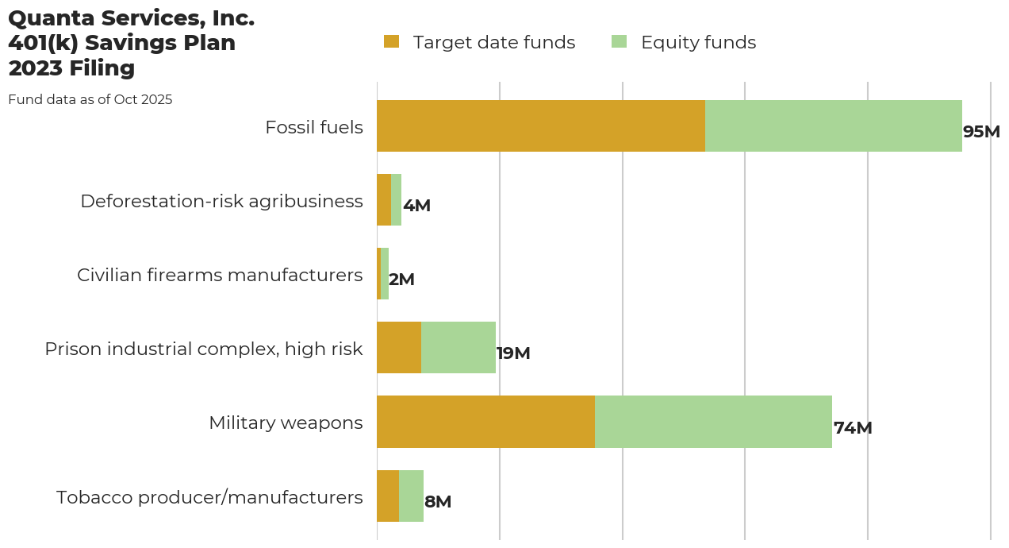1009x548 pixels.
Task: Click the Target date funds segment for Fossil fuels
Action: (541, 125)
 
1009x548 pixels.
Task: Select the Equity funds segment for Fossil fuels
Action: (834, 125)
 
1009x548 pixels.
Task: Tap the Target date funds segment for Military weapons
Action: (485, 422)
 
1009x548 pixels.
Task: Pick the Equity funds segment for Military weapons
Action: (713, 422)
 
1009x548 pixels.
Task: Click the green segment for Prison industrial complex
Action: (458, 348)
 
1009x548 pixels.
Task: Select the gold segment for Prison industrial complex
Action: (399, 348)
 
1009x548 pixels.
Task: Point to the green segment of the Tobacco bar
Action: (411, 496)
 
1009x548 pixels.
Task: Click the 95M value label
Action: (981, 132)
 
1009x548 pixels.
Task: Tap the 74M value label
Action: (853, 428)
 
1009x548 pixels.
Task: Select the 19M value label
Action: (513, 353)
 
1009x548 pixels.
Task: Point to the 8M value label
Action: (438, 502)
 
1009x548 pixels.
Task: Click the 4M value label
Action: (416, 206)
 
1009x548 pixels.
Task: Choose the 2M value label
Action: (401, 280)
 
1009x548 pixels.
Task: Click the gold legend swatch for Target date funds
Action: (391, 42)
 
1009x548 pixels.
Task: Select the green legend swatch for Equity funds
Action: (620, 42)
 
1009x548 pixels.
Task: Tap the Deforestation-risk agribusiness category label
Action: (221, 201)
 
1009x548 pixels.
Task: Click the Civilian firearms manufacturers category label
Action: (220, 275)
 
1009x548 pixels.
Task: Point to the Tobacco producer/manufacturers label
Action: (209, 497)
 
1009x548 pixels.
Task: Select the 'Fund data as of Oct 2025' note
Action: (90, 100)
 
